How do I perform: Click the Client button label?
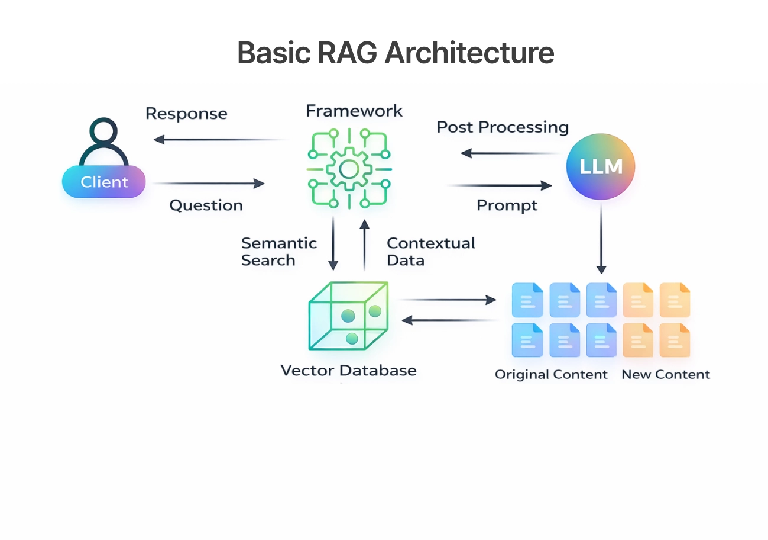point(104,182)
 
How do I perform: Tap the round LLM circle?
point(600,166)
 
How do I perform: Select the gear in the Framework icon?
point(349,169)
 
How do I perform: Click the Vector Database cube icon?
point(349,317)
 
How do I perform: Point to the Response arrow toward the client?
point(219,140)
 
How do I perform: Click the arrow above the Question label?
point(208,184)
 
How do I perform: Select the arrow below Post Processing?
point(511,153)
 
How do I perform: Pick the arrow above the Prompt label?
point(500,186)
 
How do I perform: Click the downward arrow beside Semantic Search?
point(333,243)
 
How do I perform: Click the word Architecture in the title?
point(469,53)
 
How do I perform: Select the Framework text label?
point(354,111)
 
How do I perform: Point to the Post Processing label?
point(503,127)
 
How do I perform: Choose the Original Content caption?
point(551,375)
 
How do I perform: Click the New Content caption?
point(666,375)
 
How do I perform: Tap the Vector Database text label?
point(348,371)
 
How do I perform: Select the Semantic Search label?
point(278,252)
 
